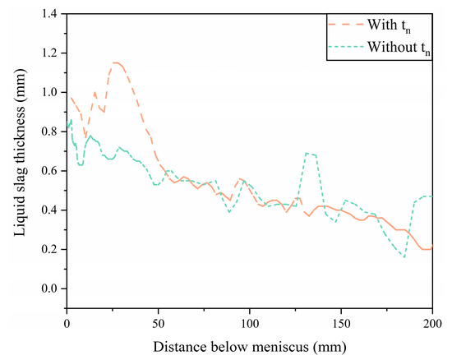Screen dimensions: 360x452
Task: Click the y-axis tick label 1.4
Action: point(52,14)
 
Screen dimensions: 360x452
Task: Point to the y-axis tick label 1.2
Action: point(52,53)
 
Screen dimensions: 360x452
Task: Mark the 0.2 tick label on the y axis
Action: point(52,249)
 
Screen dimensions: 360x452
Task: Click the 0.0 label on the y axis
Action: point(52,288)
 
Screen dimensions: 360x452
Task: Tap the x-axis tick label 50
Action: point(159,323)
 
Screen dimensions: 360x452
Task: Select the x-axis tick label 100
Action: point(250,323)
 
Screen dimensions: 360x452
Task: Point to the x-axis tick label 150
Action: point(341,323)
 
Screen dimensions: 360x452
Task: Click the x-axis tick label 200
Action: point(432,323)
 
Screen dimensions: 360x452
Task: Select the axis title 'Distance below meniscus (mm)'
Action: point(250,345)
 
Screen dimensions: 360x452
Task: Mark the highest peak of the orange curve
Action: point(117,62)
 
